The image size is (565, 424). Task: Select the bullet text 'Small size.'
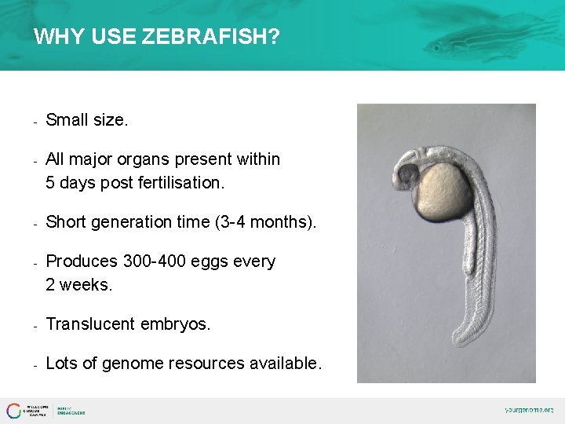click(x=86, y=120)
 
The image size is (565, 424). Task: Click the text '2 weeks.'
click(x=79, y=285)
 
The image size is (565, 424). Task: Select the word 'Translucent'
click(x=89, y=324)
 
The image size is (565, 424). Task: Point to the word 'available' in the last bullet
click(x=286, y=364)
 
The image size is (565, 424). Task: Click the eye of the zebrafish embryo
click(x=407, y=174)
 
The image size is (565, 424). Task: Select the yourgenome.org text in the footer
click(x=528, y=410)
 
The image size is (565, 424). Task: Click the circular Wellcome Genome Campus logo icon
click(x=14, y=411)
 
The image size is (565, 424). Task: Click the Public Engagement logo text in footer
click(x=71, y=411)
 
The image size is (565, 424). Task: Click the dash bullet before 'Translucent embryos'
click(x=35, y=325)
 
